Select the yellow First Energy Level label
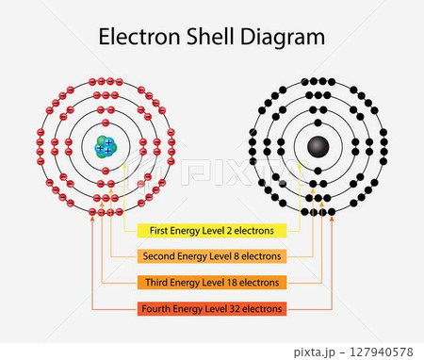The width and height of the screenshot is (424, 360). coord(212,230)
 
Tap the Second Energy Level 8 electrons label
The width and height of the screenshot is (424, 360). coord(212,256)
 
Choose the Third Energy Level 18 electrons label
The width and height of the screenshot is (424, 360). coord(212,282)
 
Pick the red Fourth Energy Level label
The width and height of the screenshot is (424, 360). coord(212,308)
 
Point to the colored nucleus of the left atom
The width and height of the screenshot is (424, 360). coord(106,147)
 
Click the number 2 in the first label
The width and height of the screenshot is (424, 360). coord(237,230)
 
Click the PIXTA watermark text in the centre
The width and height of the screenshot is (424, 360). coord(212,173)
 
